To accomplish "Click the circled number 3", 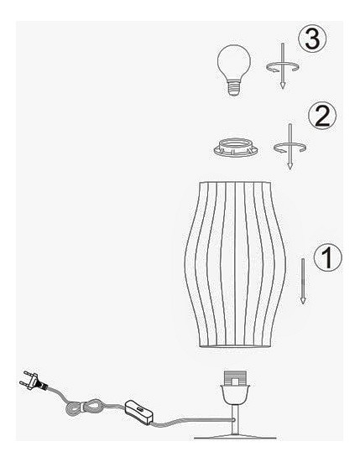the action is (312, 39).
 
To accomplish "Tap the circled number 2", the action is (322, 116).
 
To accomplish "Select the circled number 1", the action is (327, 257).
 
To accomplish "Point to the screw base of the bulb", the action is (233, 88).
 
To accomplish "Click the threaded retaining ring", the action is (235, 147).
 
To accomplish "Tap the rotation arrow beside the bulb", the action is (283, 67).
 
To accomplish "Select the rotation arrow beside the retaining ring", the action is (290, 148).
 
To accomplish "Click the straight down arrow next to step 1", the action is (302, 281).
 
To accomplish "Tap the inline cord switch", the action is (138, 412).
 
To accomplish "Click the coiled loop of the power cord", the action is (85, 409).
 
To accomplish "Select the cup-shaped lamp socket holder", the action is (235, 394).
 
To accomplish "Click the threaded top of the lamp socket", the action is (235, 378).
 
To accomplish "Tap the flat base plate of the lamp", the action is (235, 437).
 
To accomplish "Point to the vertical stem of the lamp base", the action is (235, 419).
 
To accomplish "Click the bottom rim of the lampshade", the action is (235, 346).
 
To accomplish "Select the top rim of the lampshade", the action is (235, 183).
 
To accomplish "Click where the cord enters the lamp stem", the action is (233, 419).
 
